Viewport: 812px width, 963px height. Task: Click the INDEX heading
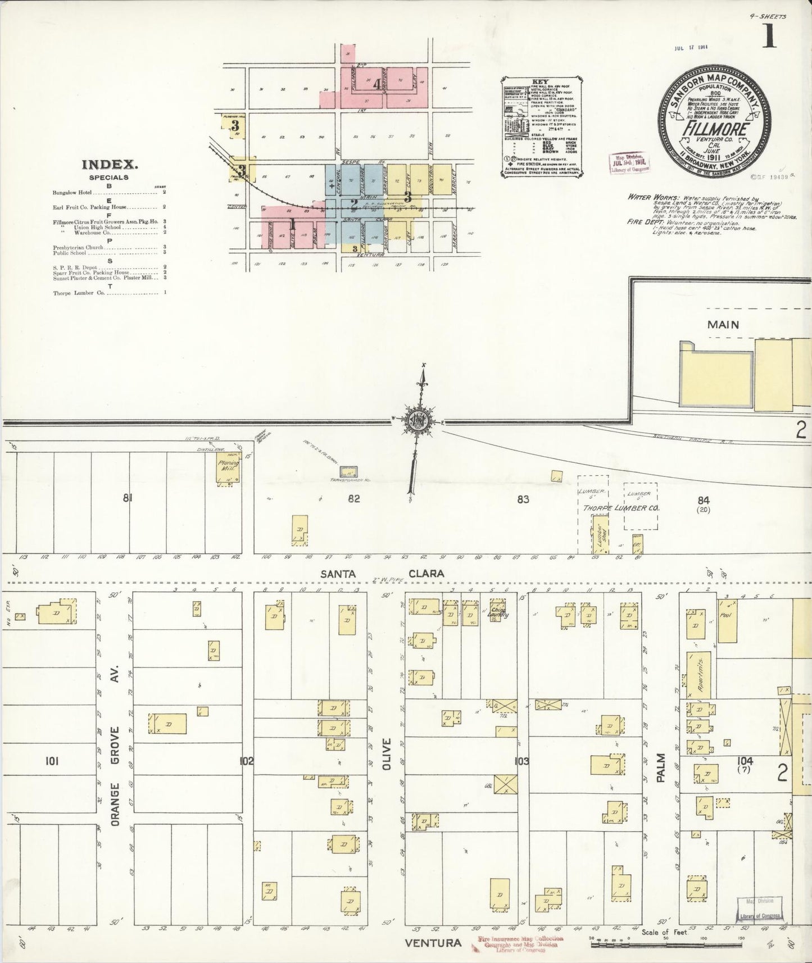pos(110,165)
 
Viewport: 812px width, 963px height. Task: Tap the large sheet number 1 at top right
pos(770,37)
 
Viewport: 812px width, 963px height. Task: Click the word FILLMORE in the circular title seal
pos(715,129)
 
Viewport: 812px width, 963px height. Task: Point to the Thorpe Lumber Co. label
pos(620,508)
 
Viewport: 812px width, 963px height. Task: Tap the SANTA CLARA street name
pos(382,574)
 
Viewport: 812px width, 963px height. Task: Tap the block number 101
pos(52,761)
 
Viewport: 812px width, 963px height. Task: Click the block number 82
pos(353,498)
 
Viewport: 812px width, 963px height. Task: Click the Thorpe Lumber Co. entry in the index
pos(79,293)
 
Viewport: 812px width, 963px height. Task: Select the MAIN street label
pos(723,325)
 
